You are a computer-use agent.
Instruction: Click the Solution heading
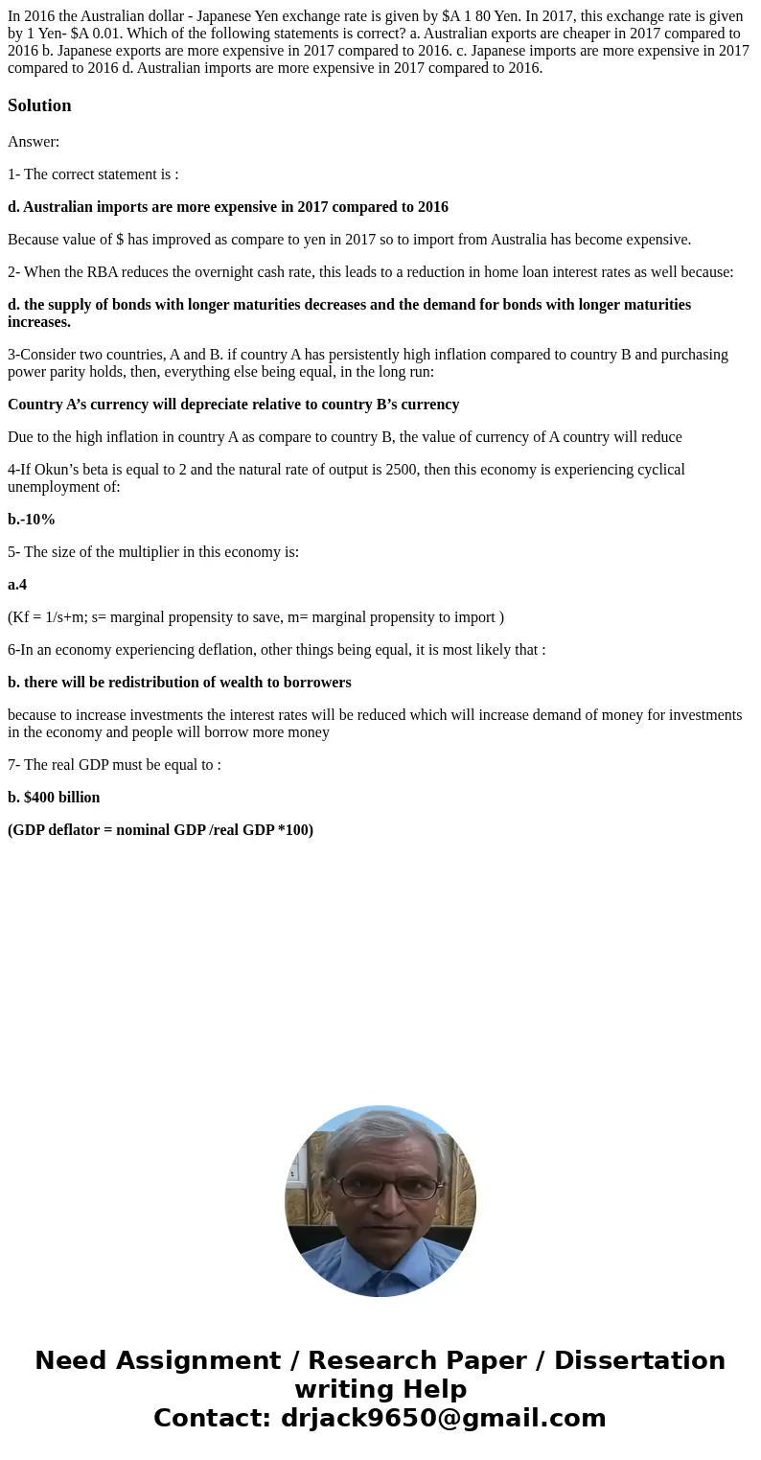tap(39, 105)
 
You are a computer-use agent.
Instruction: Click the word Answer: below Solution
tap(34, 142)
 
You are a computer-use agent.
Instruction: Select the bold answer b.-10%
tap(32, 520)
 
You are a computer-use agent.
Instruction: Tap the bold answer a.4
tap(17, 585)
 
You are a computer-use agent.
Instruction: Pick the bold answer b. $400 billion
tap(54, 798)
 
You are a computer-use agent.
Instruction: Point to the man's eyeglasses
tap(388, 1188)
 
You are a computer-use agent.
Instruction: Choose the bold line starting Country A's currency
tap(234, 405)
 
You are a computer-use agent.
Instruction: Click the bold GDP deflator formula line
tap(161, 830)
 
